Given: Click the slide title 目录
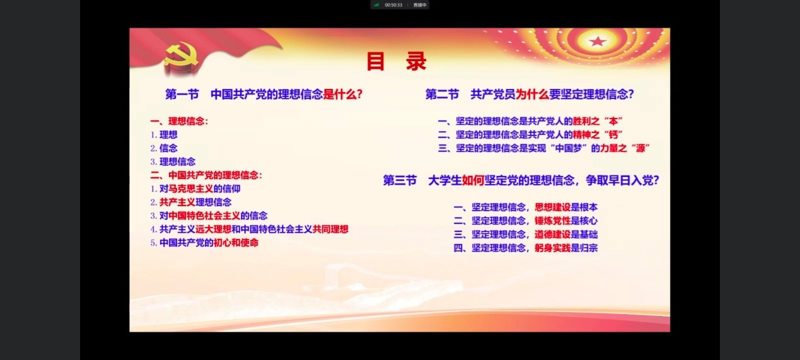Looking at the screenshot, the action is [x=397, y=61].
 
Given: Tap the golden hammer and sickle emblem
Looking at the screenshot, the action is [x=181, y=57].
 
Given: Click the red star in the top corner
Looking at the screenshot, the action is [x=598, y=42].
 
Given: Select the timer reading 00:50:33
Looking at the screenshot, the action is [x=393, y=5].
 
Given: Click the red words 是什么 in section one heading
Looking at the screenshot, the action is [x=340, y=95].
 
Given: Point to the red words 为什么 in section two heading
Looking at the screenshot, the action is [x=532, y=95].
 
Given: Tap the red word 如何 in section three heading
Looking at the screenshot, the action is [x=473, y=180].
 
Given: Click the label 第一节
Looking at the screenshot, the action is [x=182, y=95].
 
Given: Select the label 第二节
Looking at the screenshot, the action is [x=442, y=95].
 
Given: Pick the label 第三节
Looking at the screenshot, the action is [x=400, y=180].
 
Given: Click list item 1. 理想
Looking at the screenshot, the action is [x=164, y=135].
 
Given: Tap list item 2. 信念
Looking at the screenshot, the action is [x=164, y=148].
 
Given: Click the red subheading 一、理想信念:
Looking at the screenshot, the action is [x=179, y=121].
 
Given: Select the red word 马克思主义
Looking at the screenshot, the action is [x=191, y=189].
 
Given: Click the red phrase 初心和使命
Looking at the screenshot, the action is [x=236, y=243].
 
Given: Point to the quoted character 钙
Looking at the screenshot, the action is [x=613, y=135].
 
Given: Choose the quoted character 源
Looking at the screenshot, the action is [x=641, y=148].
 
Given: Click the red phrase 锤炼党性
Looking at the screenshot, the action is [x=552, y=221].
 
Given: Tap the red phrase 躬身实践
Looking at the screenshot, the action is [x=552, y=248].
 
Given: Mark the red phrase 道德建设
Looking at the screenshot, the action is [x=552, y=235].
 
